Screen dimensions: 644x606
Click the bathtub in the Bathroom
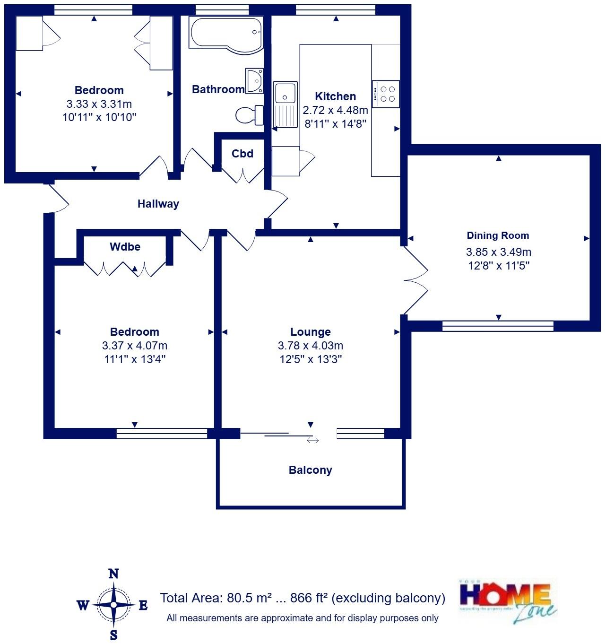click(225, 33)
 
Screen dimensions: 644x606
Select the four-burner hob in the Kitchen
click(386, 94)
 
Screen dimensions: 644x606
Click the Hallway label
click(158, 204)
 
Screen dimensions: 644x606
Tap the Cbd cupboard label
click(242, 154)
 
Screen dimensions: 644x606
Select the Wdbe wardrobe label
click(125, 247)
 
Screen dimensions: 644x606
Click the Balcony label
click(310, 470)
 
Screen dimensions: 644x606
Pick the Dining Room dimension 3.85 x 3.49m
click(498, 252)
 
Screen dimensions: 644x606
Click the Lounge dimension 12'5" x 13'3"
click(311, 359)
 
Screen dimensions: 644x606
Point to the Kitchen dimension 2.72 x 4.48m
click(335, 110)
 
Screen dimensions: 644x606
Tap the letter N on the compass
click(113, 574)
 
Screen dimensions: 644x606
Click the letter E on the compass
click(143, 605)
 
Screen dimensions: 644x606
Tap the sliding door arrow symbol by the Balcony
click(312, 440)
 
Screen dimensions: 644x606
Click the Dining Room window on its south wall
click(498, 325)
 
